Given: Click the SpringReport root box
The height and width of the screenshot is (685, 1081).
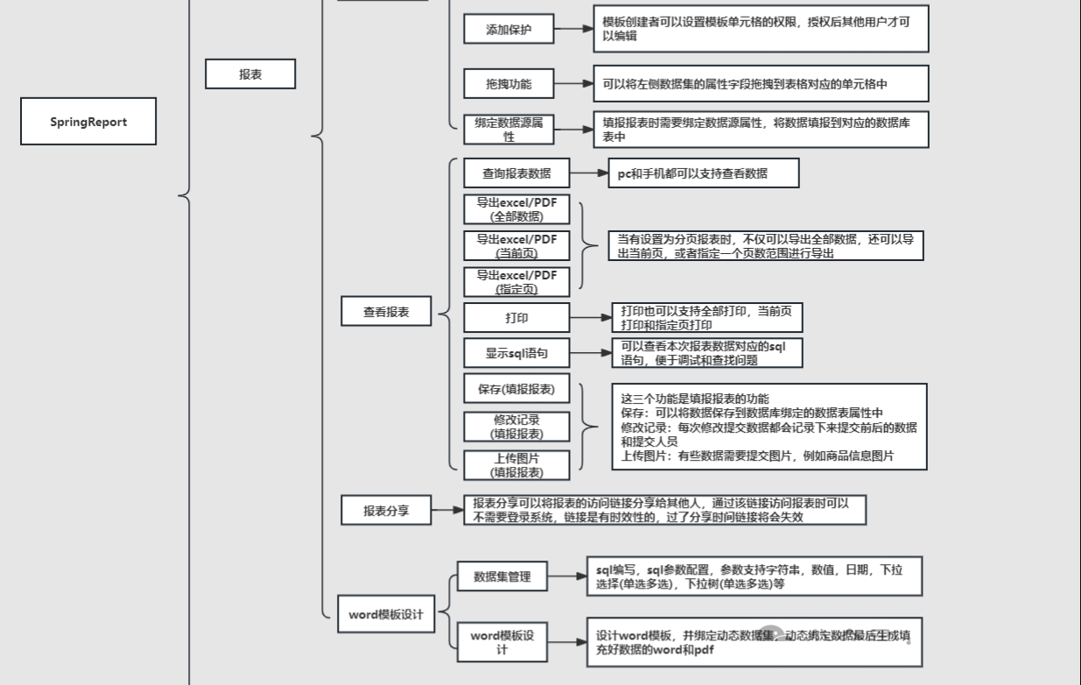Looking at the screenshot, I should pyautogui.click(x=88, y=122).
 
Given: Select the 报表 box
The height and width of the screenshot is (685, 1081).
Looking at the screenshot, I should pyautogui.click(x=250, y=74).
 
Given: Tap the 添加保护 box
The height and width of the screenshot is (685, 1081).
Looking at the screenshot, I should pyautogui.click(x=509, y=29).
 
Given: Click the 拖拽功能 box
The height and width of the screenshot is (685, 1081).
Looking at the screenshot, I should pyautogui.click(x=509, y=84).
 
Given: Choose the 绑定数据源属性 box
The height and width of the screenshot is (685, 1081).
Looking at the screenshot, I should pyautogui.click(x=509, y=130).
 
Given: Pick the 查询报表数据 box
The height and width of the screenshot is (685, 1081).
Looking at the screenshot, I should pyautogui.click(x=516, y=173).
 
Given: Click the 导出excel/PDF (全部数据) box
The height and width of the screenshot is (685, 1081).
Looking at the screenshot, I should pyautogui.click(x=516, y=209).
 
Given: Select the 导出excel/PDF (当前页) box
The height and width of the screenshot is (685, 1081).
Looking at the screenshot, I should pyautogui.click(x=516, y=246).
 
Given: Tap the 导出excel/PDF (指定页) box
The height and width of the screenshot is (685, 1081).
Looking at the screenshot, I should pyautogui.click(x=516, y=282).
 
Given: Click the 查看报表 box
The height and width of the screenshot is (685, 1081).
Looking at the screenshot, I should pyautogui.click(x=386, y=312).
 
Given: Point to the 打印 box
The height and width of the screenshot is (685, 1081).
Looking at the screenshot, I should pyautogui.click(x=516, y=317).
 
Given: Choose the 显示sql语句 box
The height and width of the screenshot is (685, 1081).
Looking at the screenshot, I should pyautogui.click(x=516, y=353).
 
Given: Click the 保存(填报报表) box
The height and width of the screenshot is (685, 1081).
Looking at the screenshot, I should pyautogui.click(x=516, y=389).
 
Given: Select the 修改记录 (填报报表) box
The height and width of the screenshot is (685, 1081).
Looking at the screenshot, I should pyautogui.click(x=516, y=427).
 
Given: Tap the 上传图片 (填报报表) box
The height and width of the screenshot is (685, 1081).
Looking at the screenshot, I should pyautogui.click(x=516, y=465).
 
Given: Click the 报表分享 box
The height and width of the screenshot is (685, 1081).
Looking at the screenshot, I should pyautogui.click(x=386, y=510).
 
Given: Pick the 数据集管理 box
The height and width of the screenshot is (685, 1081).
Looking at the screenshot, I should pyautogui.click(x=502, y=576).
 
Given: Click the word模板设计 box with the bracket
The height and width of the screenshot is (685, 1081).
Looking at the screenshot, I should pyautogui.click(x=386, y=614).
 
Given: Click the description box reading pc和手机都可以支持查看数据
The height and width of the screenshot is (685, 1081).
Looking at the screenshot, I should pyautogui.click(x=704, y=173).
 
